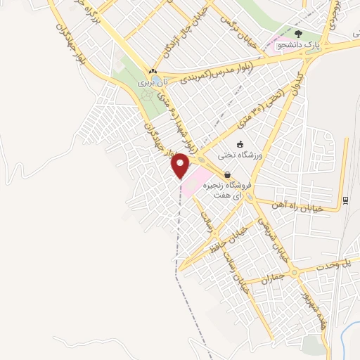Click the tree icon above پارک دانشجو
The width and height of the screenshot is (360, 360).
point(299,33)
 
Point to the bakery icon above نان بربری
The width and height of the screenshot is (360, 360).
point(153,71)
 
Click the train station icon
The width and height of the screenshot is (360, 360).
point(345,200)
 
